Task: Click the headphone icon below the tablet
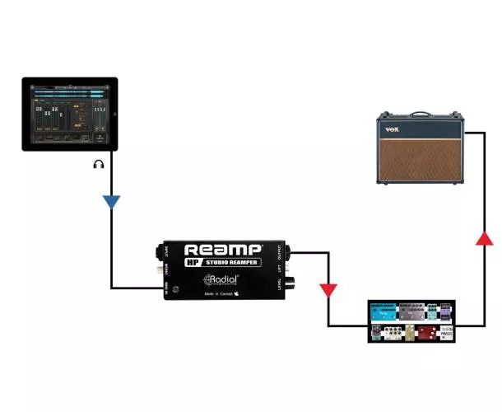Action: click(99, 165)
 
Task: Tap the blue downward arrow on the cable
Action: click(112, 201)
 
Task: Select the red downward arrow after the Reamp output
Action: click(328, 290)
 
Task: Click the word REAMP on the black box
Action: click(223, 250)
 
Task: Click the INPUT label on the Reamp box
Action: click(167, 251)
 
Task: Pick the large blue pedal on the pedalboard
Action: click(383, 311)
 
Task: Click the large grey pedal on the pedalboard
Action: click(411, 311)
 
